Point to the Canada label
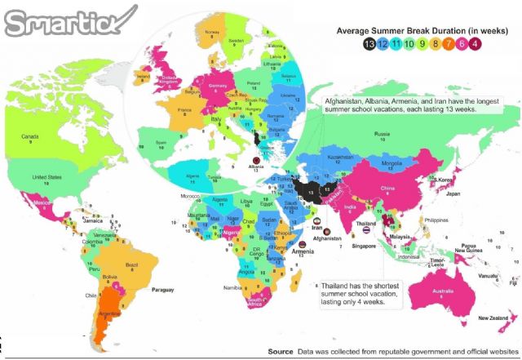pos(30,136)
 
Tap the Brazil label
pos(131,264)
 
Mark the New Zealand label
pos(493,318)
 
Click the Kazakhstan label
pos(340,154)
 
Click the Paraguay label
pos(164,289)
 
